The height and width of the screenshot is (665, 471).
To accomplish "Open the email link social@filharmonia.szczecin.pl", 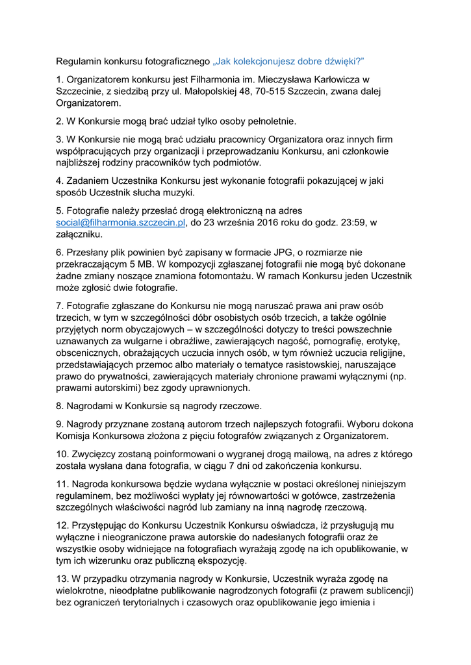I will tap(121, 223).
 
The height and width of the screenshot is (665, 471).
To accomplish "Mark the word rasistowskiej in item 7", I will tap(303, 364).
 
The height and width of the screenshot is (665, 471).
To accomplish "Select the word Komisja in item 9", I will tap(73, 436).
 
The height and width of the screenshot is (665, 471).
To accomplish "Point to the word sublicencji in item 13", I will tap(381, 592).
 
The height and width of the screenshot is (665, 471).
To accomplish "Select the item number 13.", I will tap(62, 579).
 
